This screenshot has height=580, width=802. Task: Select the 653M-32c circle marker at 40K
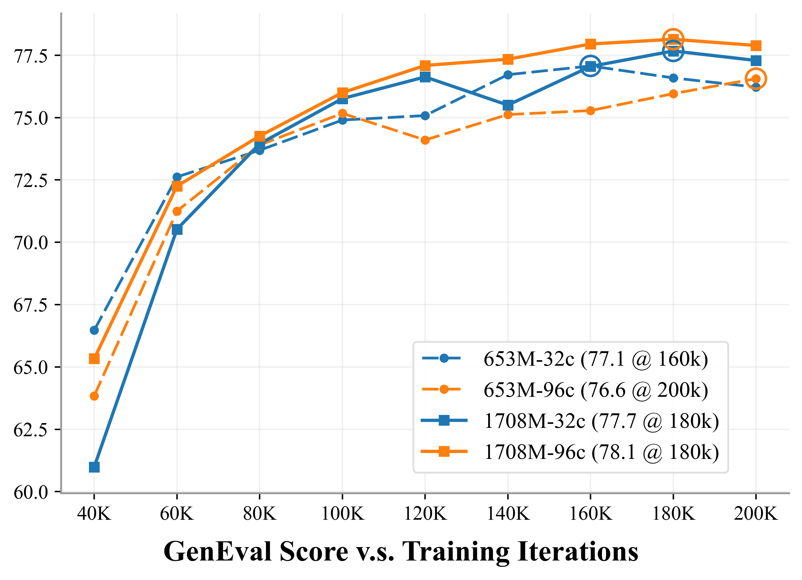pyautogui.click(x=94, y=330)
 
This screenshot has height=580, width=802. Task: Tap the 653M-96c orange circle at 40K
pyautogui.click(x=94, y=396)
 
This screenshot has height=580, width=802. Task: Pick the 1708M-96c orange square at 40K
pyautogui.click(x=94, y=359)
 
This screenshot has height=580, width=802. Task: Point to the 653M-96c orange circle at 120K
pyautogui.click(x=425, y=140)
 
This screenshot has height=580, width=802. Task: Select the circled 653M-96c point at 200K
pyautogui.click(x=756, y=78)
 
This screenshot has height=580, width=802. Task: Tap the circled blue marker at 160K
pyautogui.click(x=590, y=66)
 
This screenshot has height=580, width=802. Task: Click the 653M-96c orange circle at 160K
pyautogui.click(x=590, y=111)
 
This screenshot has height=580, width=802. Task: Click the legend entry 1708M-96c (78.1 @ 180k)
pyautogui.click(x=601, y=452)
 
